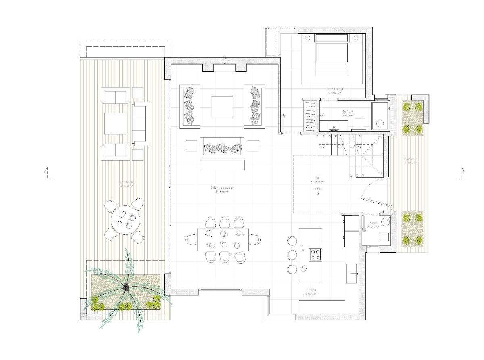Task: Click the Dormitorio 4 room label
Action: pyautogui.click(x=334, y=88)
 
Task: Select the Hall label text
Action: pyautogui.click(x=318, y=178)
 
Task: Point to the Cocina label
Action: pyautogui.click(x=311, y=290)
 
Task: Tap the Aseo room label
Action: pyautogui.click(x=373, y=222)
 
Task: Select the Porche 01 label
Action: pyautogui.click(x=411, y=159)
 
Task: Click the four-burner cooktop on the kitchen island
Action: pyautogui.click(x=315, y=254)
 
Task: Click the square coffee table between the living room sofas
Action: pyautogui.click(x=222, y=107)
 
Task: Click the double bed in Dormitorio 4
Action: pyautogui.click(x=331, y=54)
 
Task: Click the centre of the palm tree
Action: pyautogui.click(x=126, y=287)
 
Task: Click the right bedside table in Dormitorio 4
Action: pyautogui.click(x=356, y=38)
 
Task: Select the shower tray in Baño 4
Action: pyautogui.click(x=380, y=117)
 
